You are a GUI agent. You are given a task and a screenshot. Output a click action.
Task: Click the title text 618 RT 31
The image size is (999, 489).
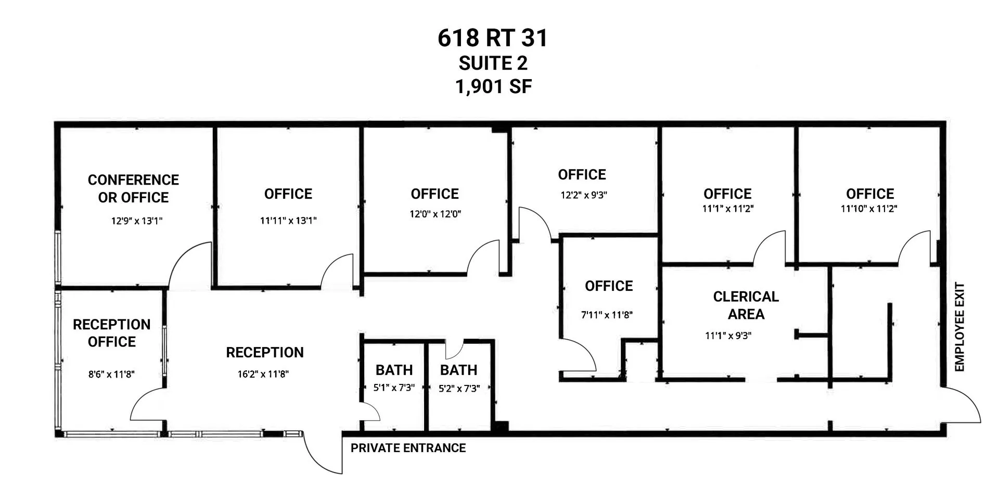493,38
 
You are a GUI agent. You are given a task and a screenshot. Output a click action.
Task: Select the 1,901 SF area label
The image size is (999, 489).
493,86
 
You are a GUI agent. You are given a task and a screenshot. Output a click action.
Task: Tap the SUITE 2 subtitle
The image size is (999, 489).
493,63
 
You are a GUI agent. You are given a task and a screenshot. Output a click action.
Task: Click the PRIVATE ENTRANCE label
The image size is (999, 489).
408,448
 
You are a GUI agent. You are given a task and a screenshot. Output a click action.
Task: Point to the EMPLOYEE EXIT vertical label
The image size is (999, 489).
960,327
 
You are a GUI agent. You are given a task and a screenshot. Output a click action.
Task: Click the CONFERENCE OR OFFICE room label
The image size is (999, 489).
133,188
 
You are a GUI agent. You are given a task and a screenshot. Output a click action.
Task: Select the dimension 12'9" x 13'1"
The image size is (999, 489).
137,221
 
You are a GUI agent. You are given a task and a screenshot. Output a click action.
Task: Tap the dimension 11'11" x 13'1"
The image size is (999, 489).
288,221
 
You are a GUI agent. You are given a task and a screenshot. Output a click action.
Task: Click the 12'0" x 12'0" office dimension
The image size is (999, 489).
436,214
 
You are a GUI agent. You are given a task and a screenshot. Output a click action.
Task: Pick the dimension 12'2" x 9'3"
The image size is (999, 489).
584,195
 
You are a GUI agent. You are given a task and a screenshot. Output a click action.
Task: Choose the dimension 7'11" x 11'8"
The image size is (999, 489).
607,315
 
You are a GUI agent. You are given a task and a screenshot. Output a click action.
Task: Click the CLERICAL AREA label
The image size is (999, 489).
746,305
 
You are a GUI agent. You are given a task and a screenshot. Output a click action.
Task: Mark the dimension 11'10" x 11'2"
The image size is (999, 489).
869,209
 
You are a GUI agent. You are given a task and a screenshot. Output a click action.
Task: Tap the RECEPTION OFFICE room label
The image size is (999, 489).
112,333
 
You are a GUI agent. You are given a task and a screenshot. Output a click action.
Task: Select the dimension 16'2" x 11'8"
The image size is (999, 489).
263,374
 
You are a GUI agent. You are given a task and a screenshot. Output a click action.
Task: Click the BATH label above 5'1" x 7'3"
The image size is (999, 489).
394,370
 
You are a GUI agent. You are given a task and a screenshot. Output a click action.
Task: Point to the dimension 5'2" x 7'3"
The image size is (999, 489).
459,389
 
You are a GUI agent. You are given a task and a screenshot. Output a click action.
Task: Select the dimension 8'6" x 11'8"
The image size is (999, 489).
111,374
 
